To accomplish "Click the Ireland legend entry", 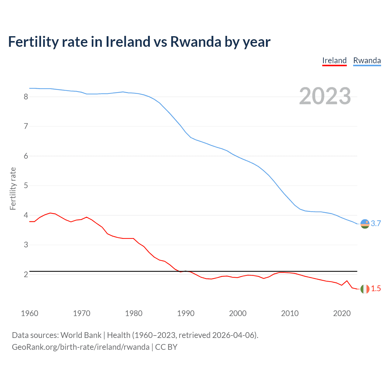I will [x=334, y=60].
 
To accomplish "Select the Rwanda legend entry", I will [x=367, y=60].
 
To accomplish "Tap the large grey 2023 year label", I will [x=325, y=96].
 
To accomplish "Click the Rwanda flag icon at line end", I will [x=365, y=224].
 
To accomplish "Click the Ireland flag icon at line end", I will [x=365, y=289].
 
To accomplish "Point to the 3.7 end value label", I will [x=376, y=224].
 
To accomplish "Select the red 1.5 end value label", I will [x=376, y=289].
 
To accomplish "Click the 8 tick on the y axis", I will [x=26, y=97].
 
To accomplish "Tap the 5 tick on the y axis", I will [x=26, y=185].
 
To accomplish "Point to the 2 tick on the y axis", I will [x=26, y=274].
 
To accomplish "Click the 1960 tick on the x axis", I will [x=29, y=313].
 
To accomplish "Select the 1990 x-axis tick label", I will [x=186, y=313].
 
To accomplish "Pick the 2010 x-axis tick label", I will [x=290, y=313].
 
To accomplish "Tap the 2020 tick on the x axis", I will [x=342, y=313].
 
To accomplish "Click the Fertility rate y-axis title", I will [x=13, y=188].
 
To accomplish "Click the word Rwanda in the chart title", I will [x=195, y=42].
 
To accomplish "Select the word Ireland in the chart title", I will [x=128, y=42].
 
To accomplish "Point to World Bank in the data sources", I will [x=81, y=335].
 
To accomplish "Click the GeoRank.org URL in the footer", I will [x=81, y=347].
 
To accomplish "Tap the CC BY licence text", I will [x=166, y=347].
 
